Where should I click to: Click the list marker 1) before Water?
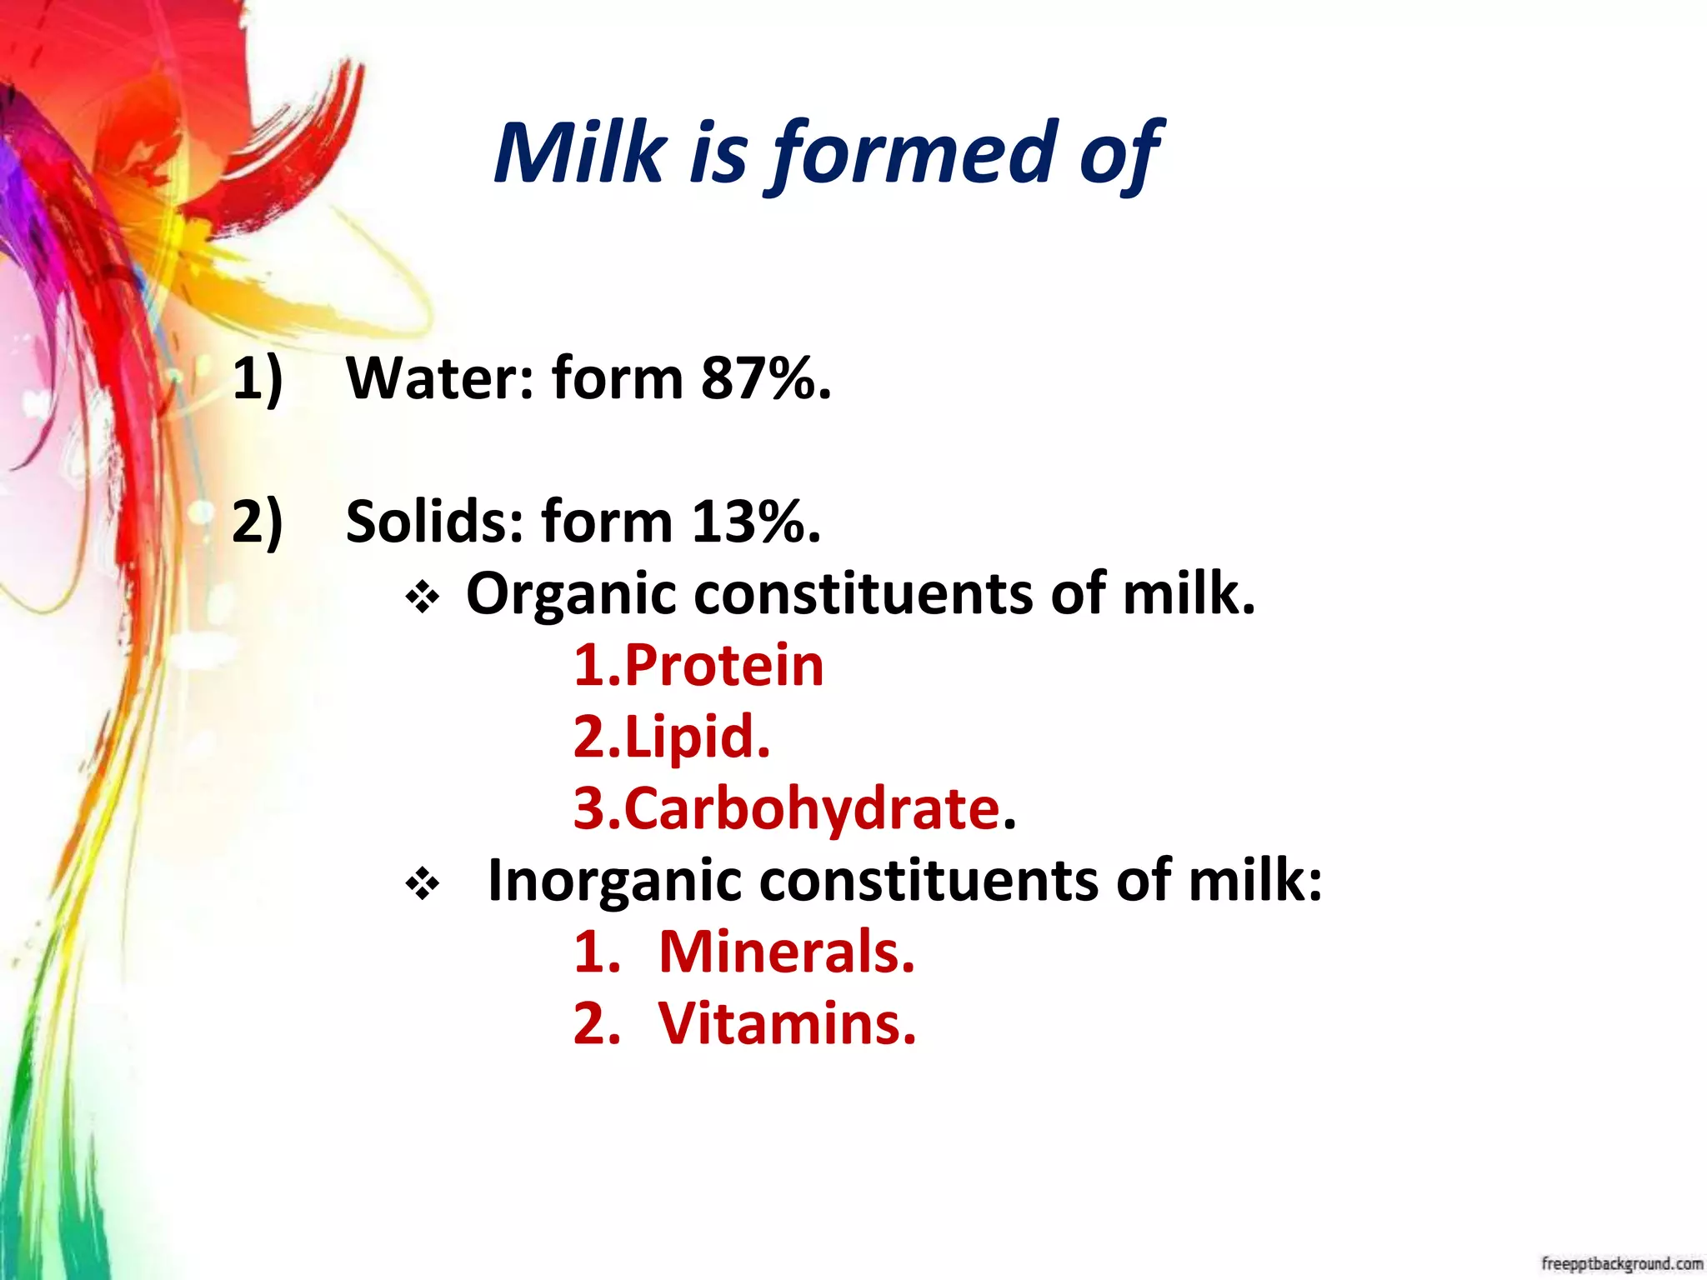[x=258, y=380]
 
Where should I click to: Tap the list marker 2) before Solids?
[x=258, y=523]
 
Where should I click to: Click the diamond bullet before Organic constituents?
[x=423, y=597]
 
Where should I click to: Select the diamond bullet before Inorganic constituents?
[x=423, y=884]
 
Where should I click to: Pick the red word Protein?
[x=723, y=666]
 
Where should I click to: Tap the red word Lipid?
[x=696, y=737]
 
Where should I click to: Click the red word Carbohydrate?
[x=812, y=809]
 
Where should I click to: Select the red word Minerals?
[x=786, y=952]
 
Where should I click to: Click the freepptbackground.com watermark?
[x=1621, y=1263]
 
